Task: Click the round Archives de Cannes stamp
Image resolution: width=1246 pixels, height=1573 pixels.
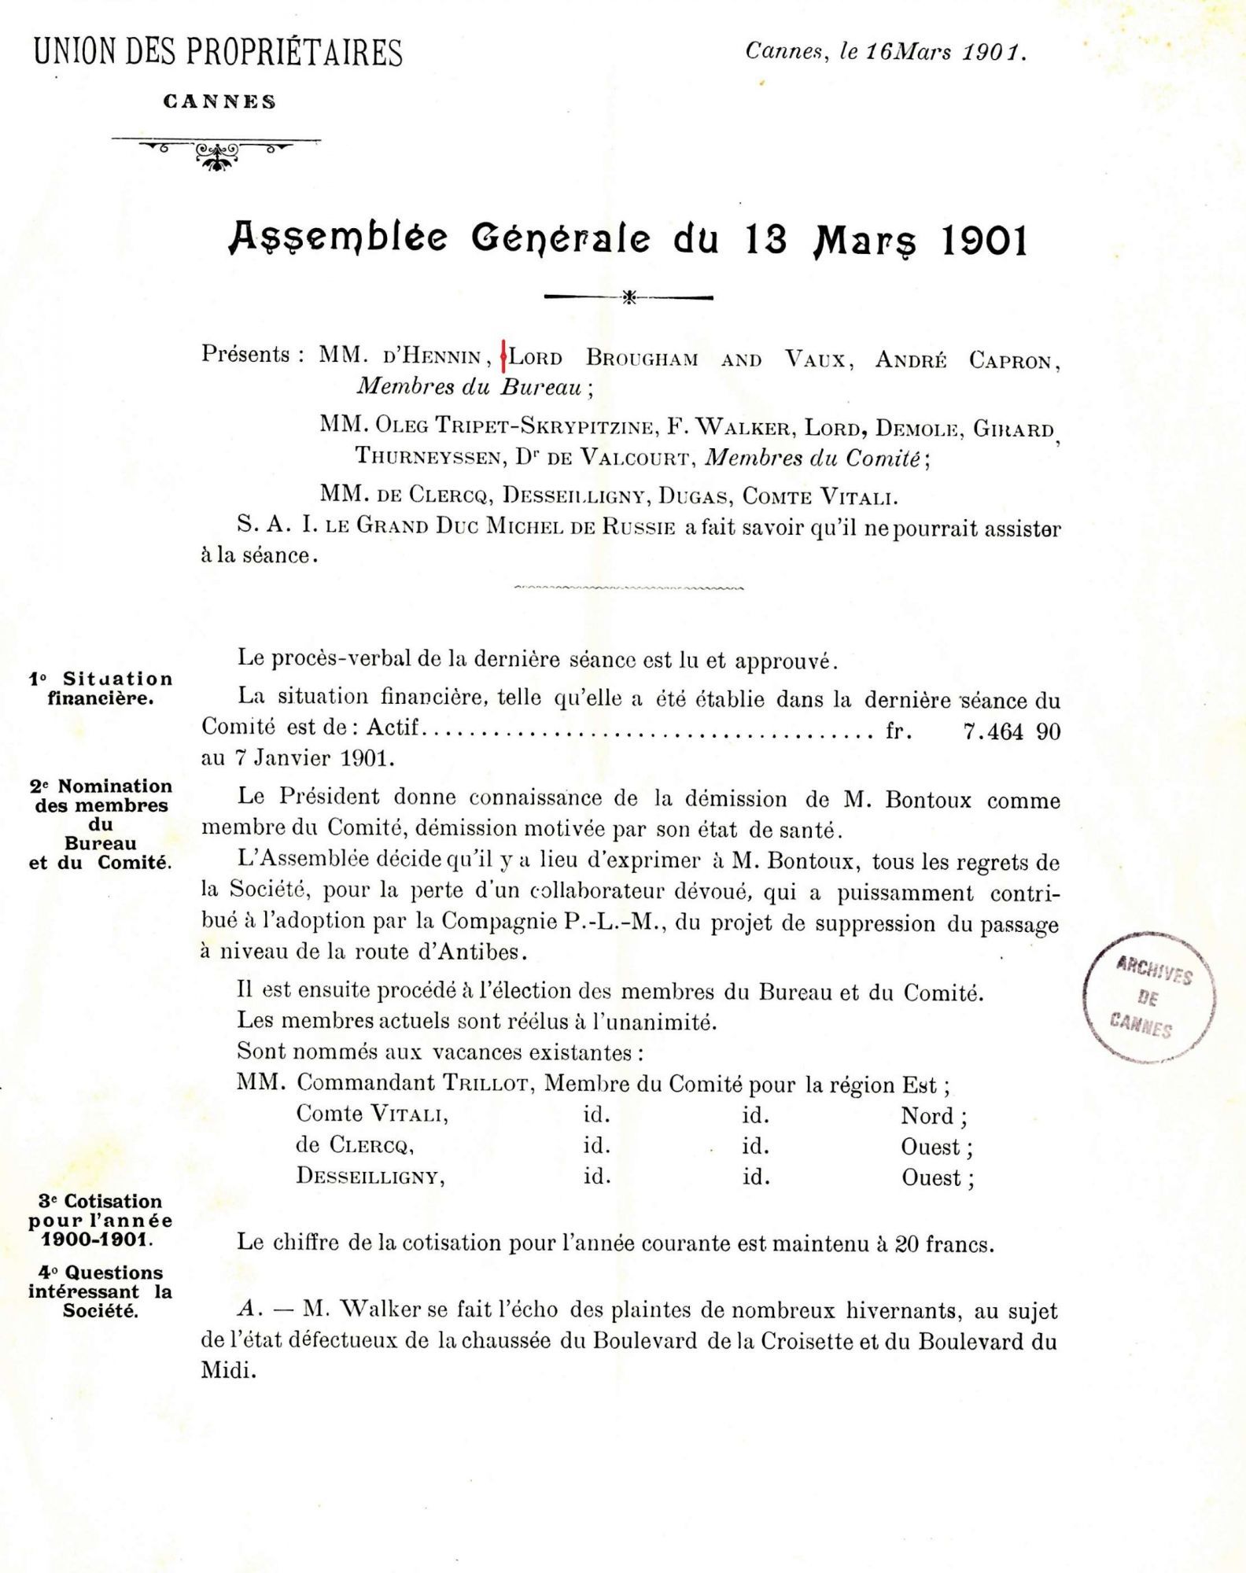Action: [x=1149, y=996]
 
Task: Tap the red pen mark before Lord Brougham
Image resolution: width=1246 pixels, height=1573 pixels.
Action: [x=503, y=358]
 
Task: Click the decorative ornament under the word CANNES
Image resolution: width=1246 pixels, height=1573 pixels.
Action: [x=216, y=153]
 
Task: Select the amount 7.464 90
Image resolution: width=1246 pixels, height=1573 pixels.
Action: [x=1011, y=732]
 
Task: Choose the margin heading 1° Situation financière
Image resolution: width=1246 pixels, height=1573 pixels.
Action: [x=101, y=687]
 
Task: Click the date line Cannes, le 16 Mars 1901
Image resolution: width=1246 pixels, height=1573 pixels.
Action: [x=886, y=53]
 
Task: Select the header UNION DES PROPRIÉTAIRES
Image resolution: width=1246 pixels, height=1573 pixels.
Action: [x=217, y=53]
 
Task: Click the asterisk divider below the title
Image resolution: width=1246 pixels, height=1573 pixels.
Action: [x=629, y=298]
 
